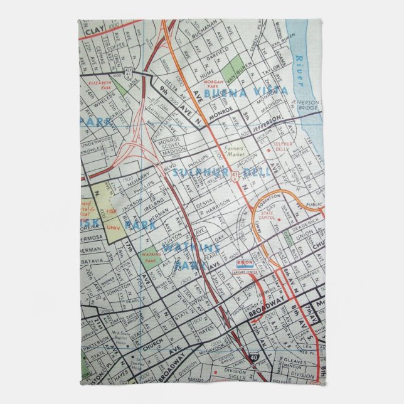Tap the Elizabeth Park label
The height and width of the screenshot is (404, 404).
click(x=103, y=83)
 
